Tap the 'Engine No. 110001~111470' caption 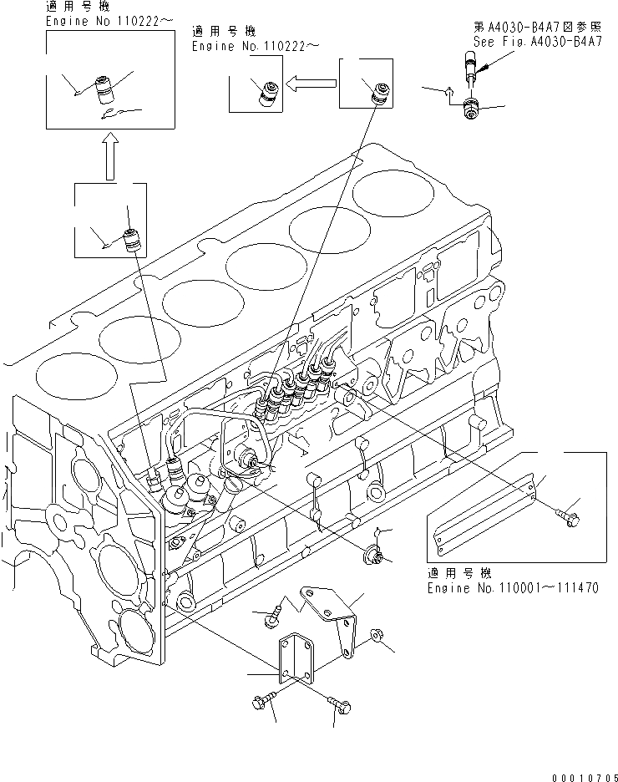click(x=512, y=588)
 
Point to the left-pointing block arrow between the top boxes click(x=311, y=82)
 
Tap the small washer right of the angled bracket click(x=375, y=637)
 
